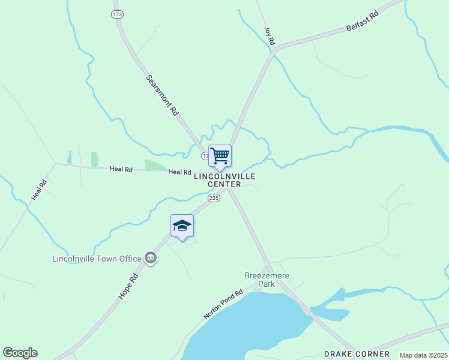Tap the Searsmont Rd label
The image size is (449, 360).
(162, 95)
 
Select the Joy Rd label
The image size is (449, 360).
(270, 35)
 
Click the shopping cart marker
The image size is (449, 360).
(220, 156)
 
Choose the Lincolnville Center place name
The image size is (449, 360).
(224, 180)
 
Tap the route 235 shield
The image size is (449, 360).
(214, 197)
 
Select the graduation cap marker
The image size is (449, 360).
(182, 226)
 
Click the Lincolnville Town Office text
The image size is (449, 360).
(97, 259)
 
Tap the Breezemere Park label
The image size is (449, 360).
(267, 280)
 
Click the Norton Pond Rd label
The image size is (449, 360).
(222, 304)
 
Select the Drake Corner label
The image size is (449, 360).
(357, 354)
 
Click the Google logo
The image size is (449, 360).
(20, 353)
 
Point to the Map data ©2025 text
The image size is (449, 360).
(424, 355)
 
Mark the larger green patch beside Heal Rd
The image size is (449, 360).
(155, 165)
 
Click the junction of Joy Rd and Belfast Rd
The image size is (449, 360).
(274, 51)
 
